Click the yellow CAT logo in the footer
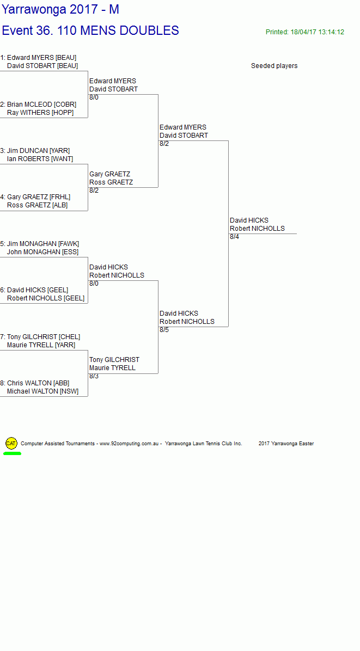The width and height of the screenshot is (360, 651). point(11,443)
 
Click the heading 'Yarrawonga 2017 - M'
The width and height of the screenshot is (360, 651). point(60,10)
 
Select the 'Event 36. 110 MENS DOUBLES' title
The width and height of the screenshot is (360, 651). point(90,30)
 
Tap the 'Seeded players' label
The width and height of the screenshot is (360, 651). point(274,66)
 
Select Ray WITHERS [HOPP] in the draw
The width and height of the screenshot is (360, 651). point(40,113)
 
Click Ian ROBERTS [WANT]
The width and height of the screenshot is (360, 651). point(40,159)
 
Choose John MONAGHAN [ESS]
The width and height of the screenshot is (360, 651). point(42,252)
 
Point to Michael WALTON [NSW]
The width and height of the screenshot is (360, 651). point(42,391)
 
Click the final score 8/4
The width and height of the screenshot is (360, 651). point(234,237)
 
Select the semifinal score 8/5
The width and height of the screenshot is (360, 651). point(164,330)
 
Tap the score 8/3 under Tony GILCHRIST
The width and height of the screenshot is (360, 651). point(94,376)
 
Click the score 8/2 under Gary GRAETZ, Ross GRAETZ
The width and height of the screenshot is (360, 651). point(94,191)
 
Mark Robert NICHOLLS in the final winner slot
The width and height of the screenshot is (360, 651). point(257,229)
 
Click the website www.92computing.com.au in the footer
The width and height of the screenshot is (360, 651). point(129,444)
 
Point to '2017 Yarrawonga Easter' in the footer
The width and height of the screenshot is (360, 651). point(286,444)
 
